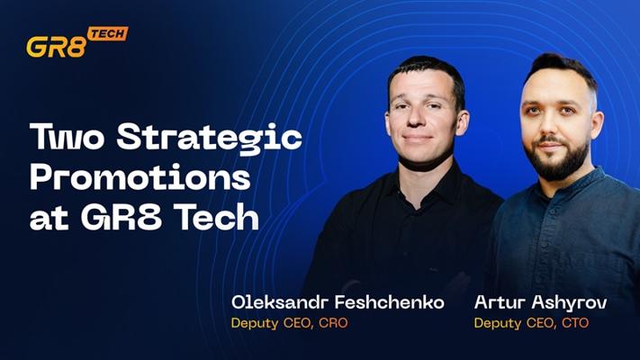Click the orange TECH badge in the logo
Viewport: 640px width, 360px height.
(x=108, y=34)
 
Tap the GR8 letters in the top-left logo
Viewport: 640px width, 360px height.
(x=57, y=47)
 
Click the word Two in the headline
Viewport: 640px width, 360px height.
(x=67, y=137)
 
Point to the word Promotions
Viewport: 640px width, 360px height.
(x=140, y=177)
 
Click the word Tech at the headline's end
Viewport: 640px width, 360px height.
(x=219, y=217)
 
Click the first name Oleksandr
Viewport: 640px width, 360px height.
(x=280, y=302)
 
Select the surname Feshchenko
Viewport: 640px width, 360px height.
(x=390, y=302)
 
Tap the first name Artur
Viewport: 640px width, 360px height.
(x=500, y=302)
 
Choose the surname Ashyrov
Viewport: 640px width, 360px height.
(x=569, y=303)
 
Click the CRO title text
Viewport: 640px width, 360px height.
(x=333, y=323)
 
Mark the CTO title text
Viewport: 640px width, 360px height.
(x=575, y=323)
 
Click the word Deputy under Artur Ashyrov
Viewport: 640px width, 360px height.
(x=498, y=324)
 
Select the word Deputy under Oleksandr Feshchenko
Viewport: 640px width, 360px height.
(x=255, y=324)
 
